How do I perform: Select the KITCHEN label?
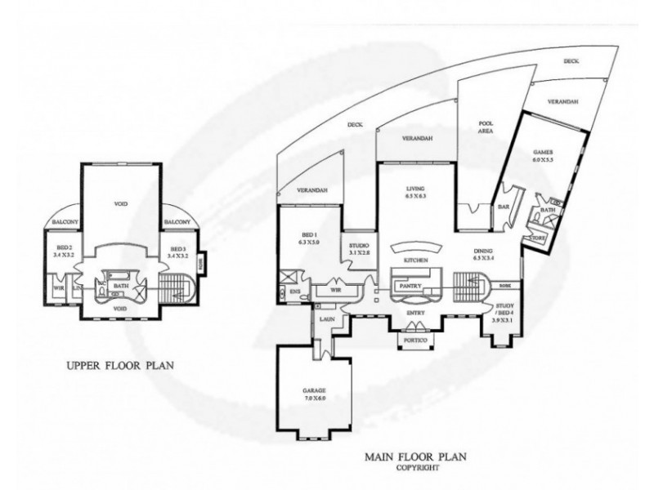coord(415,260)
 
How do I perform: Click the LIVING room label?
coord(418,189)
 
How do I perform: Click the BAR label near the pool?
coord(501,208)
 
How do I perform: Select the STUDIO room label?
coord(359,244)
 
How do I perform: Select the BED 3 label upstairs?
coord(177,247)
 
